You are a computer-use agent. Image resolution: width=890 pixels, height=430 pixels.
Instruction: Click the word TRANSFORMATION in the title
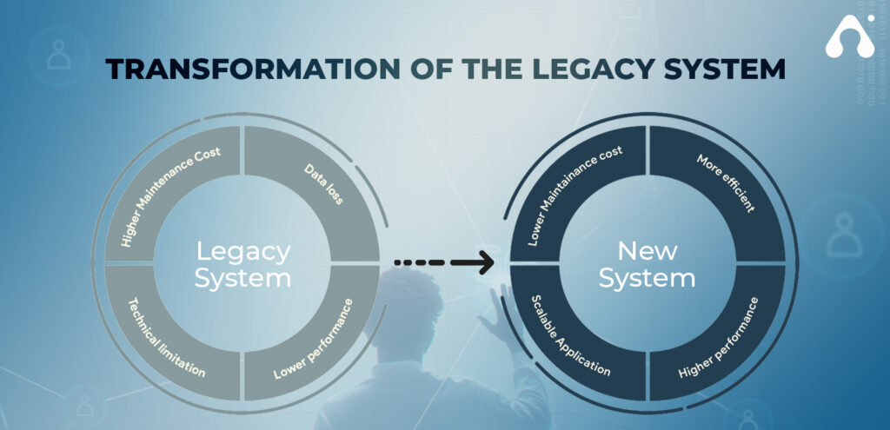point(253,69)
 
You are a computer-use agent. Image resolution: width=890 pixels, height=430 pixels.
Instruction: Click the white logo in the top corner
point(850,35)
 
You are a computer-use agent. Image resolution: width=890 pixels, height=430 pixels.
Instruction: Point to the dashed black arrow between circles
point(444,262)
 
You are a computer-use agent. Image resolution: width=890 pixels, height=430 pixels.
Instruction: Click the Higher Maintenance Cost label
point(171,196)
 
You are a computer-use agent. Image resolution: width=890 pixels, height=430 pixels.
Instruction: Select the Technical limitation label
point(166,338)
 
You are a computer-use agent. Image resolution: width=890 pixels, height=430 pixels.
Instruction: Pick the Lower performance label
point(313,339)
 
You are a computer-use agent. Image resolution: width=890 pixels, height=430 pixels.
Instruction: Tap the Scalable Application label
point(570,335)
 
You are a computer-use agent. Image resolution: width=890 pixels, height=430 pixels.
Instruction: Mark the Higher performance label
point(719,338)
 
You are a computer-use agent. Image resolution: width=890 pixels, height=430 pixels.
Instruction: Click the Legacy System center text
point(243,264)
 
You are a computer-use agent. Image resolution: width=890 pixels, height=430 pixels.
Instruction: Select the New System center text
point(647,264)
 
